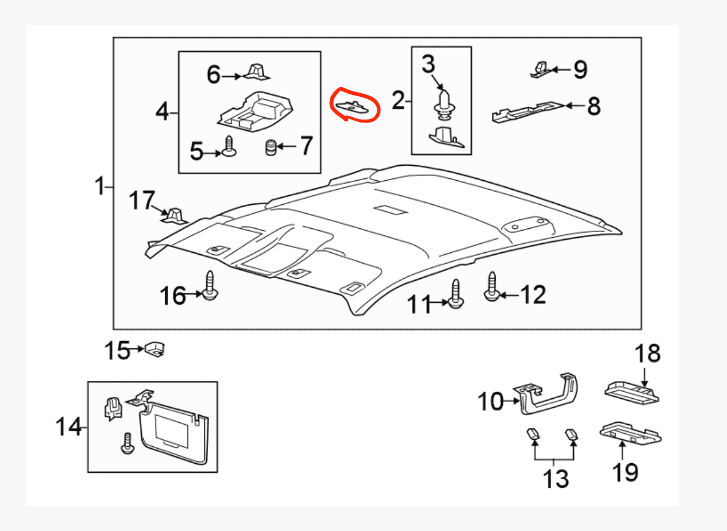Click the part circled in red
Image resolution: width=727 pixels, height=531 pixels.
352,107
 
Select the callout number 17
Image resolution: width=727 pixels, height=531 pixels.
142,200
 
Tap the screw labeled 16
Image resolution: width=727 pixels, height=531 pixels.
210,285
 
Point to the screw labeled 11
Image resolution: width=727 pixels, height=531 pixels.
455,294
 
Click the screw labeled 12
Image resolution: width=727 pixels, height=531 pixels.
492,287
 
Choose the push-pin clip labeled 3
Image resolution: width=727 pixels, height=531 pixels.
445,104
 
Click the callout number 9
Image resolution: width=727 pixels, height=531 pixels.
580,70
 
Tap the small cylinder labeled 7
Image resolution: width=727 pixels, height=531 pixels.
271,148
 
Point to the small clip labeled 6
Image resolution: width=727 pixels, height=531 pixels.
257,71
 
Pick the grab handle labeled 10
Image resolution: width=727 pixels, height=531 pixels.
546,395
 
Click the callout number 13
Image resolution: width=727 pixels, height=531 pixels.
556,479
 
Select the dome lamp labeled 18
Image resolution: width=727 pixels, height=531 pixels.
631,393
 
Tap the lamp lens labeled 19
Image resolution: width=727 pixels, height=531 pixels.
630,433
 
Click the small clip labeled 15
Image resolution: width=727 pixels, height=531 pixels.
155,350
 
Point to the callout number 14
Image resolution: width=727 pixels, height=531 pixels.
68,426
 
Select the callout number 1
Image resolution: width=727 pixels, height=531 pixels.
100,186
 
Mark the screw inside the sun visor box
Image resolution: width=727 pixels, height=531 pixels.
127,443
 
